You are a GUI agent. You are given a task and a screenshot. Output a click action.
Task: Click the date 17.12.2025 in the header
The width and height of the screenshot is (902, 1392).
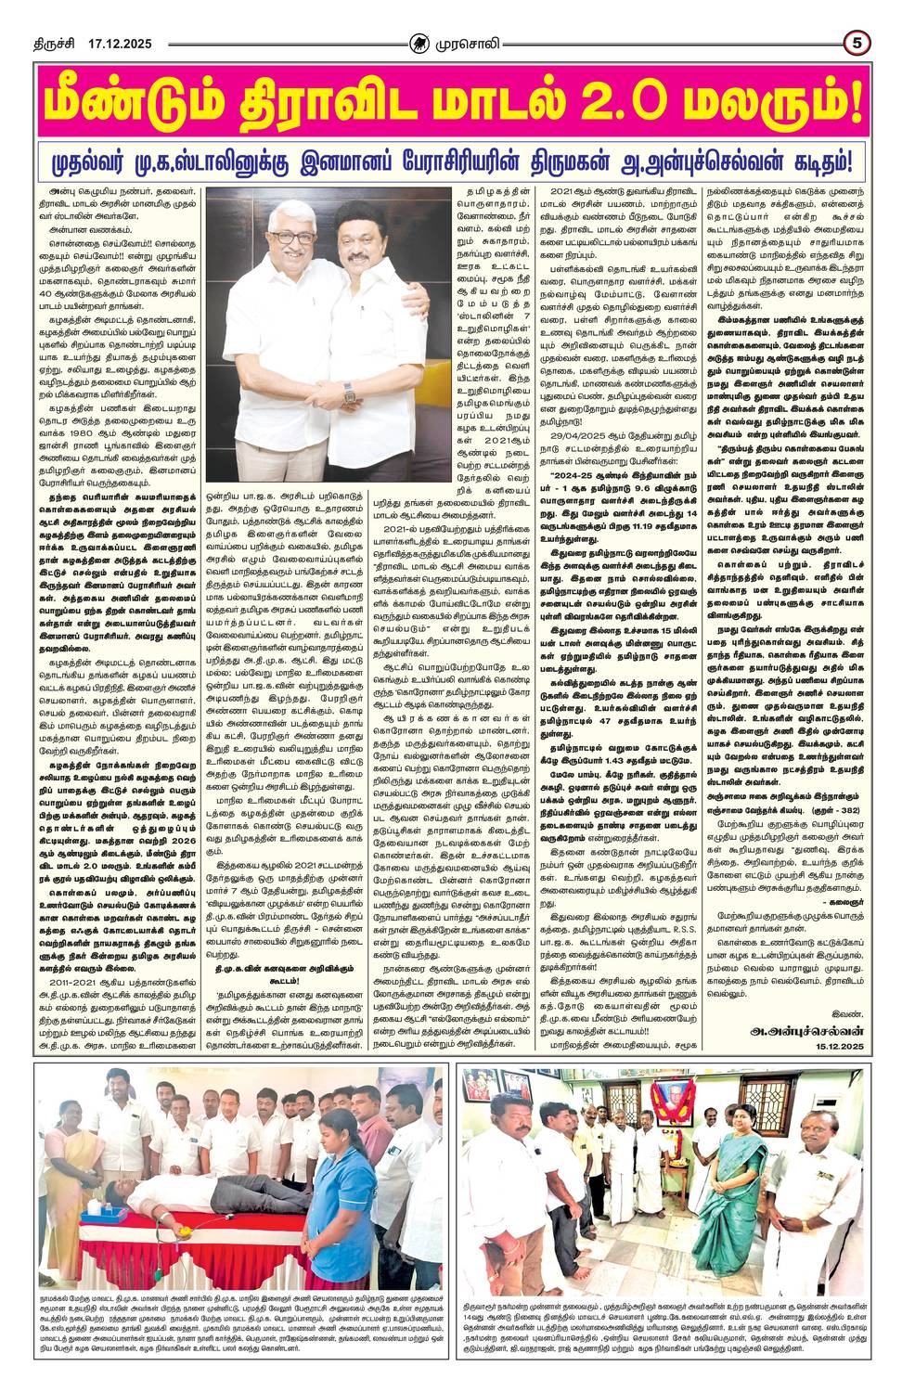coord(121,43)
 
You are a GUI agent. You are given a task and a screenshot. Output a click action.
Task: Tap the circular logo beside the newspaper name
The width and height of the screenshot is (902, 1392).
coord(419,42)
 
